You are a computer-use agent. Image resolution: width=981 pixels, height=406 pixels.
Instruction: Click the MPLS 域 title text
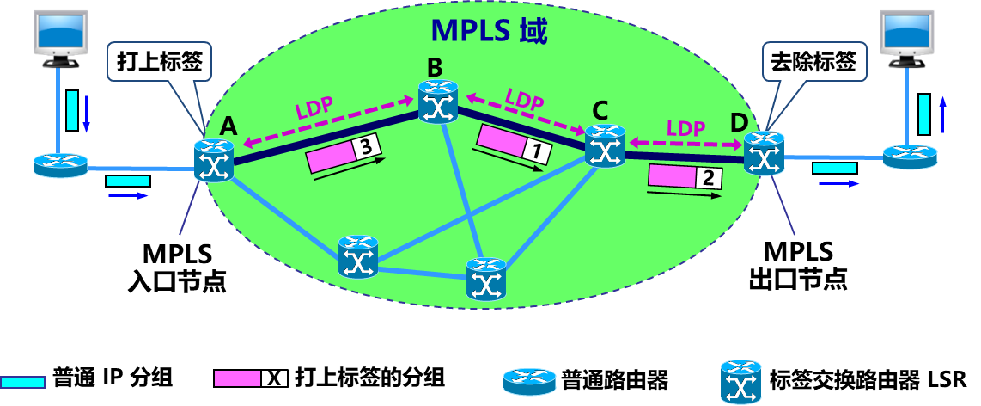click(x=489, y=30)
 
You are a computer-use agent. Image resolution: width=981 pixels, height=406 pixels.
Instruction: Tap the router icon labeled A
click(x=212, y=161)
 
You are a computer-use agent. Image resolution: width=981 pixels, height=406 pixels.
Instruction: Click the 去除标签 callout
click(x=813, y=63)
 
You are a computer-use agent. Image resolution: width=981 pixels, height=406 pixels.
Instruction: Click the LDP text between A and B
click(x=314, y=110)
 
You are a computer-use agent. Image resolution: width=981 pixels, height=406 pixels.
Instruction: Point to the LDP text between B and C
click(x=524, y=98)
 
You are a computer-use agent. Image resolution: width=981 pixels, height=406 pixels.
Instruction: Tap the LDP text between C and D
click(x=685, y=128)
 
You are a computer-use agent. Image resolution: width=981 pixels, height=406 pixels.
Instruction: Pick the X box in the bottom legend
click(x=275, y=378)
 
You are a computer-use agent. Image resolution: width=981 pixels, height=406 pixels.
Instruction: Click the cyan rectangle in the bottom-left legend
click(x=22, y=382)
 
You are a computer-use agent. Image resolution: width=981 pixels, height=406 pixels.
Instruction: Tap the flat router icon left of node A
click(x=61, y=164)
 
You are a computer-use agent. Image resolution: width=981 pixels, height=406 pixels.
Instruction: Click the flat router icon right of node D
click(x=911, y=156)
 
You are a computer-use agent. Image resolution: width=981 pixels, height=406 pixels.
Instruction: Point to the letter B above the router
click(x=435, y=66)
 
